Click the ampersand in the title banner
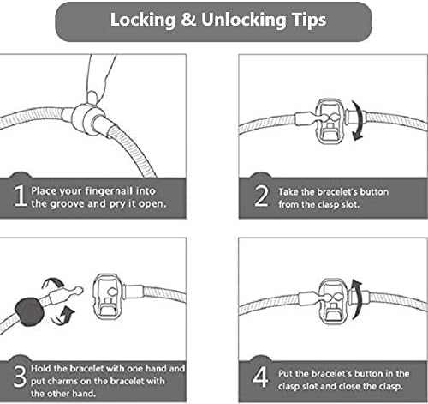[188, 20]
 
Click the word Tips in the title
[309, 21]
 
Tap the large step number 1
[20, 196]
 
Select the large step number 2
[261, 196]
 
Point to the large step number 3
[20, 377]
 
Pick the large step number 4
[260, 377]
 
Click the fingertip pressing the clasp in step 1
[92, 97]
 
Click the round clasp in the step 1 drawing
[86, 118]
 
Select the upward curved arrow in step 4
[357, 299]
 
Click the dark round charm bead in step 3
[29, 312]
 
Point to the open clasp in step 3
[108, 297]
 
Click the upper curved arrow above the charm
[53, 283]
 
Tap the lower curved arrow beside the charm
[64, 316]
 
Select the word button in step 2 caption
[374, 192]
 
